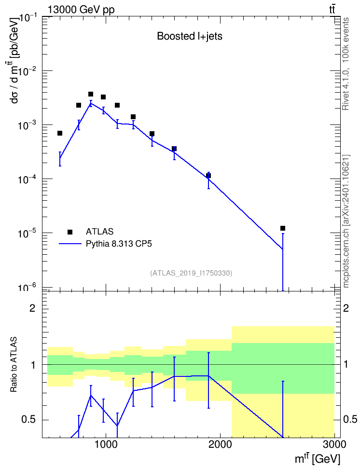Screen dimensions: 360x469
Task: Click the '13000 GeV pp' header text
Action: [x=81, y=10]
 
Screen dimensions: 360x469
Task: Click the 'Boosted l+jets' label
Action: [x=190, y=36]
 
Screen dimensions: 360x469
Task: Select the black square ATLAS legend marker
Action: [x=70, y=232]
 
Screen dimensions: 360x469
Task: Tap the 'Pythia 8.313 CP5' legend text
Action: [x=119, y=244]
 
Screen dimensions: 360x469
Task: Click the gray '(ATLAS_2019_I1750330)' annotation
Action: [x=191, y=273]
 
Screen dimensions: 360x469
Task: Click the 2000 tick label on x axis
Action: [x=220, y=444]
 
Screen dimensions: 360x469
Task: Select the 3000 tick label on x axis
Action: [x=335, y=444]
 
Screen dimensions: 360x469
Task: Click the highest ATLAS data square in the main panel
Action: [x=91, y=94]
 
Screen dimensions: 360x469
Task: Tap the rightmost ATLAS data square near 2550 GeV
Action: [x=283, y=228]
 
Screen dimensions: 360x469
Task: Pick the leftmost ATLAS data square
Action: [x=60, y=133]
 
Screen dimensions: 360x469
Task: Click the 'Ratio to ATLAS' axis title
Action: [x=14, y=364]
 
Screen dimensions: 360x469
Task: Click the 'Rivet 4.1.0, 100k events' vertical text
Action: [x=346, y=64]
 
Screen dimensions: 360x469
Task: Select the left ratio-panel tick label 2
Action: [x=32, y=308]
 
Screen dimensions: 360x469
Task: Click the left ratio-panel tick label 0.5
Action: [x=28, y=420]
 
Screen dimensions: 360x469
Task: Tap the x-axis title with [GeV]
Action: [x=318, y=459]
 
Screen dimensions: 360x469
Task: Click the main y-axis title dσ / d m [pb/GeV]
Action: [x=14, y=60]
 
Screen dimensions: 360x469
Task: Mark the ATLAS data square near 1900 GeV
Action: [x=208, y=176]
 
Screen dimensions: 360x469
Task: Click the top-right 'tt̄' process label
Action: [x=332, y=10]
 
